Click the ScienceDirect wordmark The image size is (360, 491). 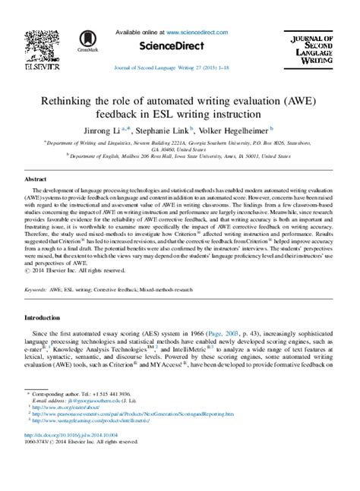[179, 46]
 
